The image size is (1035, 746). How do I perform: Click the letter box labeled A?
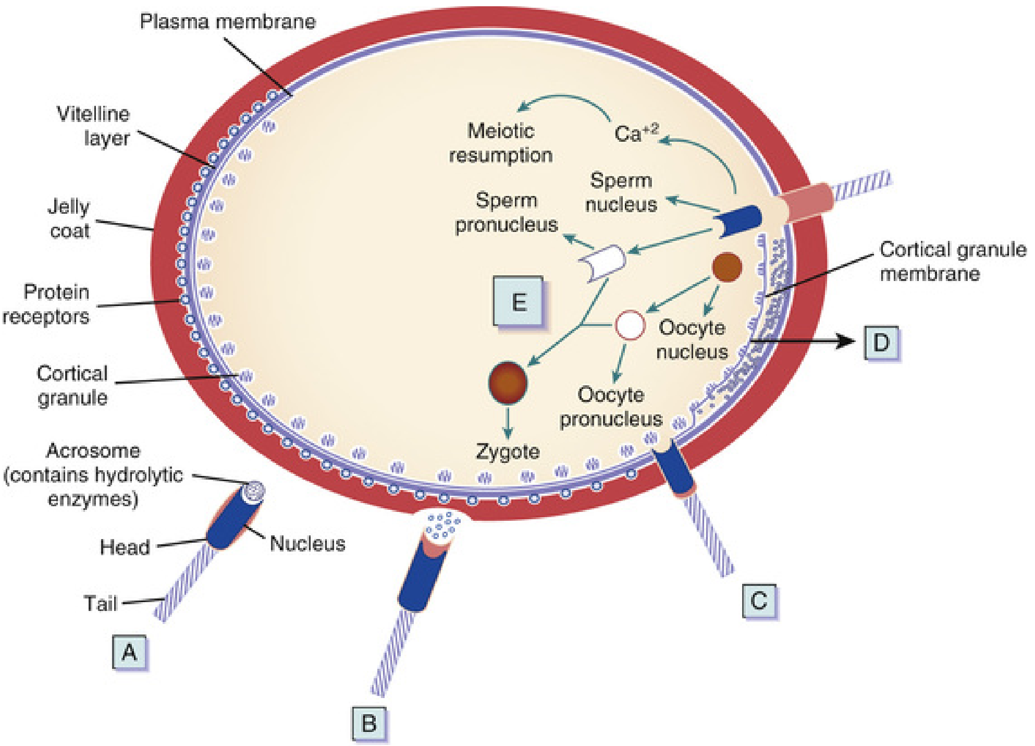129,652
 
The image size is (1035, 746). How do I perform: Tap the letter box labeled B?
369,723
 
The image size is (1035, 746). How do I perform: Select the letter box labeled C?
759,601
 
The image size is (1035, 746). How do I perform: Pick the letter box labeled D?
881,343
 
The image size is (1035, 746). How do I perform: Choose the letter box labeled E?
519,302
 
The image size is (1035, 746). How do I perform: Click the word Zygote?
508,451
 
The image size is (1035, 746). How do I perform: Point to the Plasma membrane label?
228,21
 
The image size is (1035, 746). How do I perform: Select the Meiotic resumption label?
501,143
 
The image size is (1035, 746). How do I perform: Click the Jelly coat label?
69,218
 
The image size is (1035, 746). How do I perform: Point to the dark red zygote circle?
508,383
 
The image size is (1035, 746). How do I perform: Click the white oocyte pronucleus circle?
630,325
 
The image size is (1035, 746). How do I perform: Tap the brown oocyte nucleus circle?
727,267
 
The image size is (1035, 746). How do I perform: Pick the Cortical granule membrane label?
952,261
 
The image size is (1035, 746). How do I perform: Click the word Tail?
100,603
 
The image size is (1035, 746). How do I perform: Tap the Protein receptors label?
47,304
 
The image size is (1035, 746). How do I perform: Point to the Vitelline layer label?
94,126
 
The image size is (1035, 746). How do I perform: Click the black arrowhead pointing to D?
847,341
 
